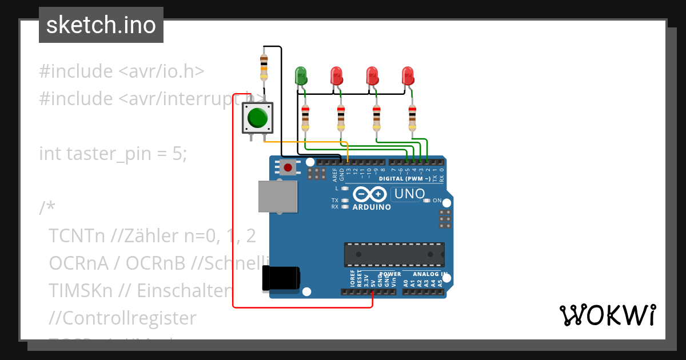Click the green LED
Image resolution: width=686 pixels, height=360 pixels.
coord(300,75)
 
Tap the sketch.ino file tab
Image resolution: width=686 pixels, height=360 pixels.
coord(101,25)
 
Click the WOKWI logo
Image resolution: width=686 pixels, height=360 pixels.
coord(607,315)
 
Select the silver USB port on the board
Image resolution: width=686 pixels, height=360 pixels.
coord(278,197)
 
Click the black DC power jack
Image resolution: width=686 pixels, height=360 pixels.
coord(280,279)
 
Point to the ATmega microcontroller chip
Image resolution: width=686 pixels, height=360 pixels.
coord(394,254)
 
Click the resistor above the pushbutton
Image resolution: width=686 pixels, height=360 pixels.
coord(264,66)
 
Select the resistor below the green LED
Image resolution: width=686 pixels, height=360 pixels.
coord(305,118)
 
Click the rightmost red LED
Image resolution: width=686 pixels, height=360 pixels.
coord(408,75)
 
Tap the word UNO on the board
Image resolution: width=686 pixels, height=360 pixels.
coord(409,194)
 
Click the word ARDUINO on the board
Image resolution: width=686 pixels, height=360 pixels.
coord(372,207)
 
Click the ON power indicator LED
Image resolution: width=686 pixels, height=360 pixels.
coord(426,201)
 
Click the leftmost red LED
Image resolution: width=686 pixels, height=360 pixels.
coord(336,75)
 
